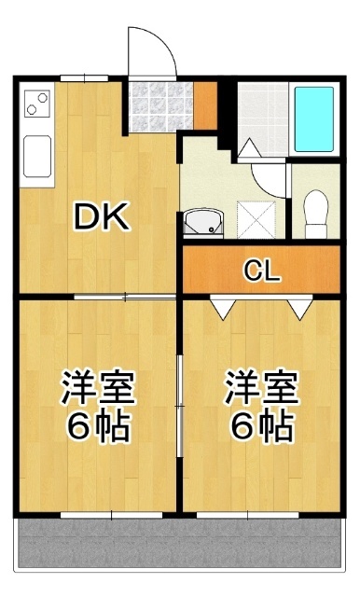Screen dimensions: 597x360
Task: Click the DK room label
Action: [x=102, y=217]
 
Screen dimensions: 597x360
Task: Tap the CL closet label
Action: [x=260, y=271]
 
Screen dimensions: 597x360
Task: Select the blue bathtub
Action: [x=313, y=118]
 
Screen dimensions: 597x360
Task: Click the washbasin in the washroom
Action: [x=202, y=222]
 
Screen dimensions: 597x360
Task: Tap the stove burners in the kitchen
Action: [x=37, y=102]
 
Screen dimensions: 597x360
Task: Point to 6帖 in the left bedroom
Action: [x=99, y=427]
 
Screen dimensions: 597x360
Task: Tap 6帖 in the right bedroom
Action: [x=260, y=427]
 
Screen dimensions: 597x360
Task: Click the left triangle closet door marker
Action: [x=222, y=307]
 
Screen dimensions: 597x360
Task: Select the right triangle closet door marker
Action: [x=298, y=307]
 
